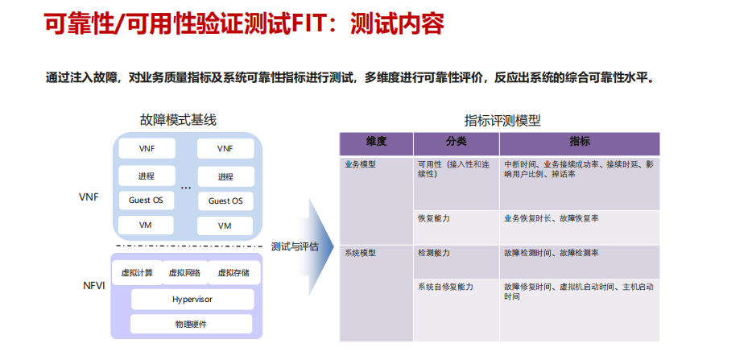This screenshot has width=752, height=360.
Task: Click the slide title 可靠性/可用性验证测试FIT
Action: [242, 24]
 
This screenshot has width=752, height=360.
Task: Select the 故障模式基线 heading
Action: [178, 120]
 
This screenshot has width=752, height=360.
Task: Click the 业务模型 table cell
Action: [360, 164]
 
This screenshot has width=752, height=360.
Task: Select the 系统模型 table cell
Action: [360, 253]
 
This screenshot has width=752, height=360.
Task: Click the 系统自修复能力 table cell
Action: [444, 287]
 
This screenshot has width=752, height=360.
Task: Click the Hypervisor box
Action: [192, 299]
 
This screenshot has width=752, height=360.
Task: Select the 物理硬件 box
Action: [192, 325]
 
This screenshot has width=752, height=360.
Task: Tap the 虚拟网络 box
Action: [184, 273]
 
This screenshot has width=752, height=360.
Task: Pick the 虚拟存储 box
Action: [233, 273]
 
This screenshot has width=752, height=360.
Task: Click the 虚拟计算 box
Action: [137, 273]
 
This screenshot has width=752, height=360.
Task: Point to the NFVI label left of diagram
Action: [93, 286]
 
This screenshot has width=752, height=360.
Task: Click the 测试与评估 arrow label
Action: [295, 246]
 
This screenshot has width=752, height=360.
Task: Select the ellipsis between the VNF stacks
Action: [186, 188]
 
